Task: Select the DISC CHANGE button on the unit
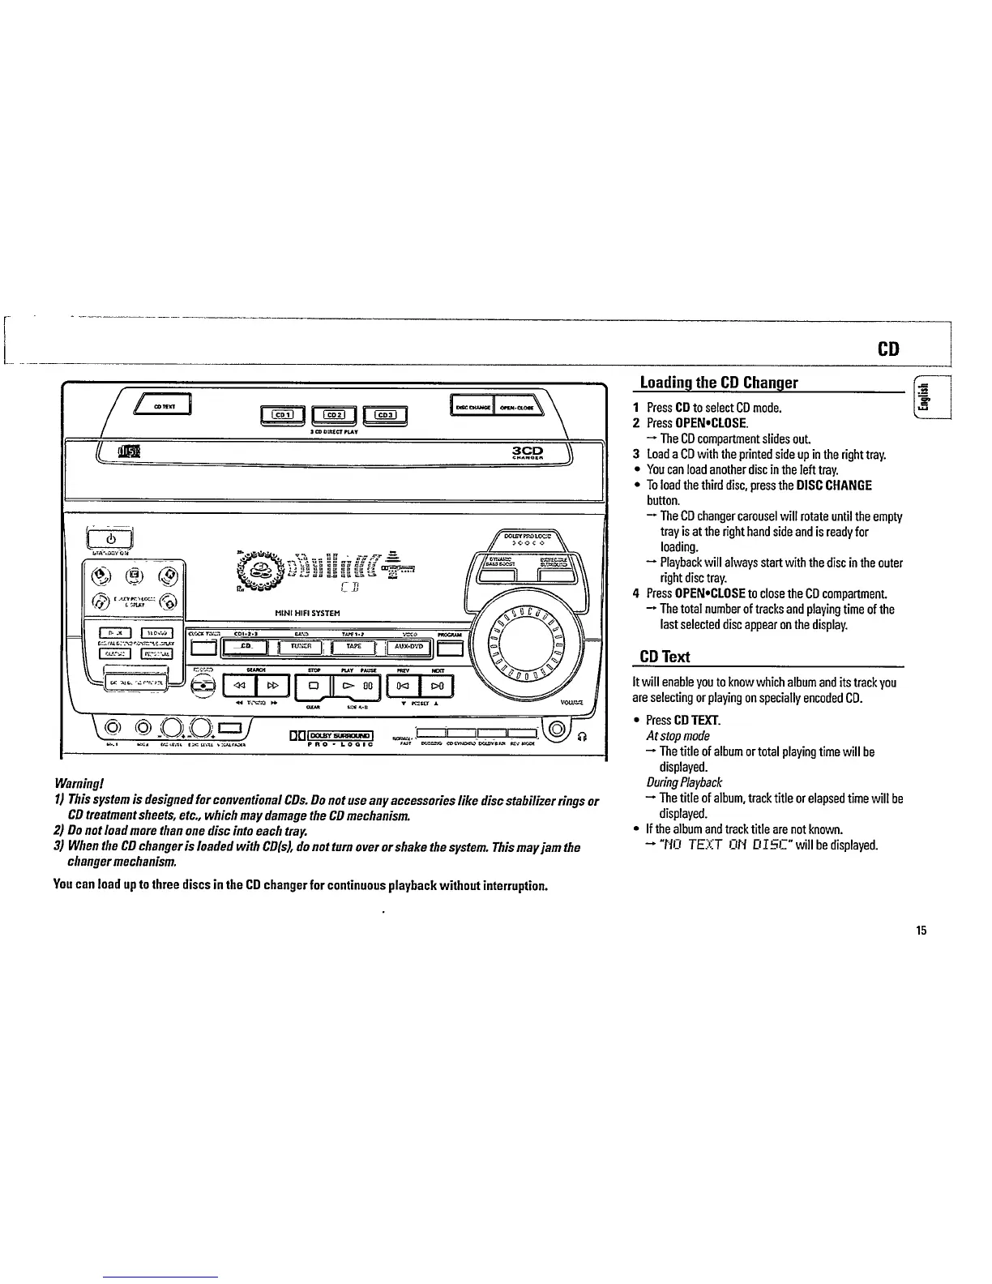pos(470,408)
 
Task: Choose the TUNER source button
pos(300,647)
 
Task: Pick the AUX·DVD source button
pos(410,647)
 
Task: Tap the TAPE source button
pos(354,647)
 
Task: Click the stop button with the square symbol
pos(311,686)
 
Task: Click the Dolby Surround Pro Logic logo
pos(331,738)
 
